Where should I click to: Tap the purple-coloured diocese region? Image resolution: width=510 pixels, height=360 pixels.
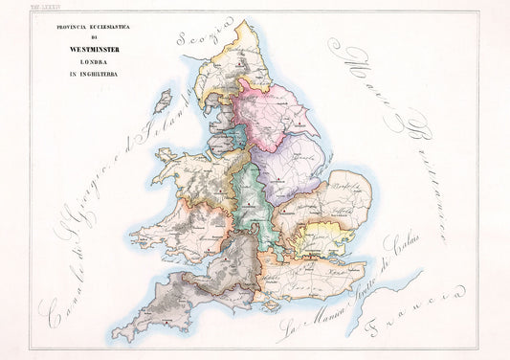pyautogui.click(x=291, y=168)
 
